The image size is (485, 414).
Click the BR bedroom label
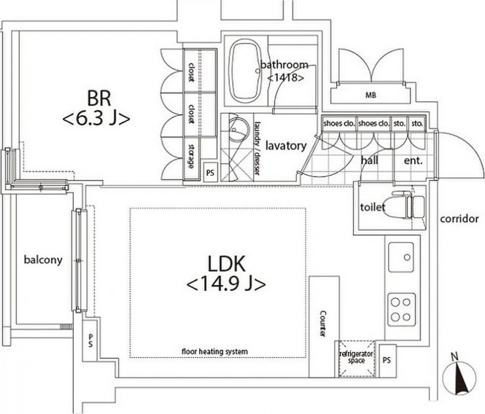(x=99, y=98)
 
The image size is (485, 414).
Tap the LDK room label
(x=226, y=264)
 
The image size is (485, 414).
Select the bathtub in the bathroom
(x=246, y=71)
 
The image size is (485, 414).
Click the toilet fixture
(x=408, y=204)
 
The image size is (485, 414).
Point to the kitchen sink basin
(x=401, y=257)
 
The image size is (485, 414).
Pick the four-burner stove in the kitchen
(x=401, y=309)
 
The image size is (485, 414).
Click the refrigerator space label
(x=356, y=357)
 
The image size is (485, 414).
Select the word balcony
(x=43, y=259)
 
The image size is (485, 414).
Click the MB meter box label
(x=370, y=95)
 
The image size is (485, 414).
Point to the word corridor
(x=460, y=219)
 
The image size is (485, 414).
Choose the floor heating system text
(x=215, y=352)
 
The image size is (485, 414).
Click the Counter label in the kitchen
(x=323, y=324)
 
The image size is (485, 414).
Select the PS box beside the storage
(x=210, y=172)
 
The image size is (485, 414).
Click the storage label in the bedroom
(x=191, y=156)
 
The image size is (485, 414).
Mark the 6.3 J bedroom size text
(x=96, y=119)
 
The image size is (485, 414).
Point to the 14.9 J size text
(x=226, y=284)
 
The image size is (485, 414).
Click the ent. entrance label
(x=413, y=161)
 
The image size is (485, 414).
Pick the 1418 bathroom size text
(x=285, y=78)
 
